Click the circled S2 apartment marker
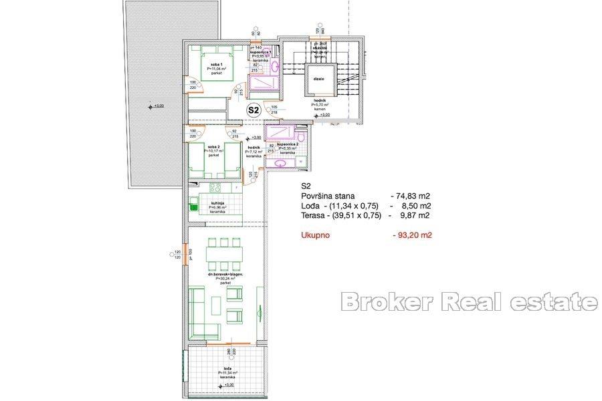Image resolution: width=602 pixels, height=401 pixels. coord(254,110)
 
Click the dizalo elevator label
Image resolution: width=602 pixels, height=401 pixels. coord(318,78)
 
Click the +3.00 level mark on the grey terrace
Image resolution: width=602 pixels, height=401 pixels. coord(156,106)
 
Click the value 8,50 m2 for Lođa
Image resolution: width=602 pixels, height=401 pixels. coord(415,206)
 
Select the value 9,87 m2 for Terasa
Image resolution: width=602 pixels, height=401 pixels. coord(415,216)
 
